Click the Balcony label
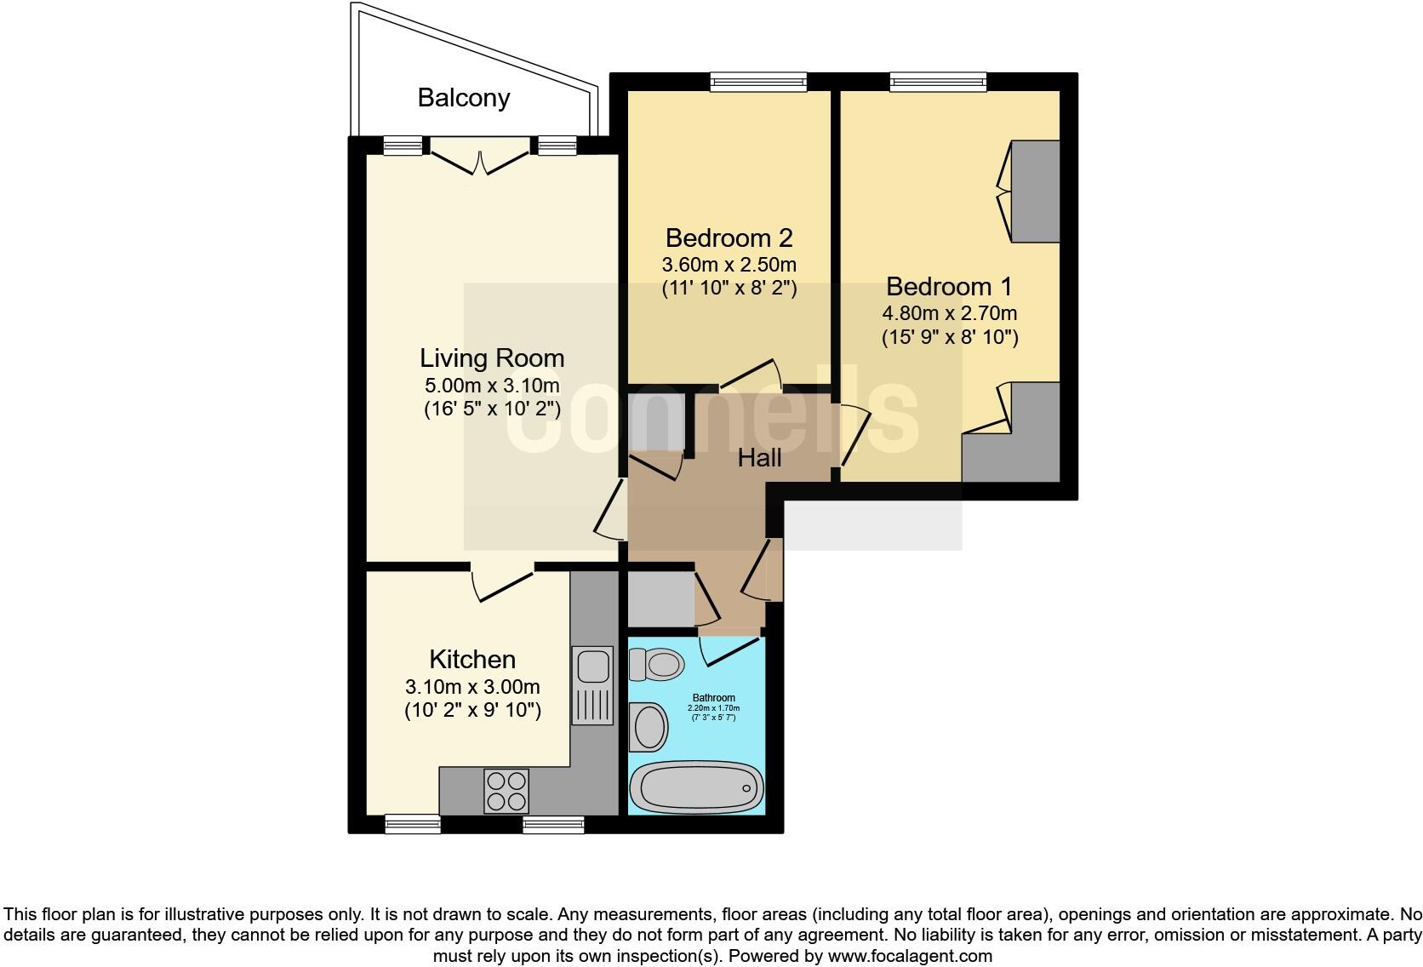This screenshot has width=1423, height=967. coord(463,98)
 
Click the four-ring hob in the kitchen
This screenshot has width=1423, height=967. coord(506,790)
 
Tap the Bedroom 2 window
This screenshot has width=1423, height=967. coord(758,82)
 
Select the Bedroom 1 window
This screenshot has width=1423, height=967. coord(938,82)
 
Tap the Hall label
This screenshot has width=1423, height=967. coord(759,458)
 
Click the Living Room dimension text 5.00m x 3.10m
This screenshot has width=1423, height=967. coord(492,385)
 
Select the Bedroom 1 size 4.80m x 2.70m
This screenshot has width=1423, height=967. coord(950,312)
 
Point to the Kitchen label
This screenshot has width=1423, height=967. coord(472,660)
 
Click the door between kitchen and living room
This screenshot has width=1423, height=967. coord(502,582)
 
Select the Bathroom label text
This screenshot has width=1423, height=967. coord(713,698)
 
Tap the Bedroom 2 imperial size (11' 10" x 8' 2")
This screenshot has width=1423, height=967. coord(729,288)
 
